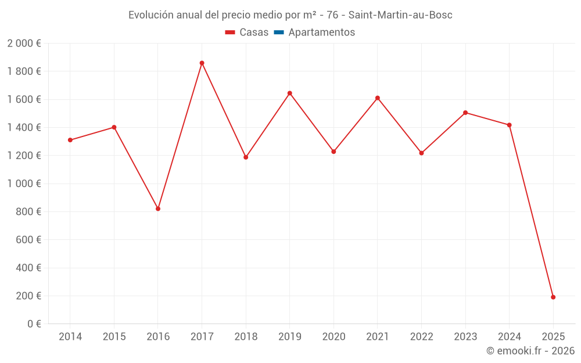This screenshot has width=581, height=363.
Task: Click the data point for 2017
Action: point(202,63)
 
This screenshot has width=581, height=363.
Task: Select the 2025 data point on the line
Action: point(553,297)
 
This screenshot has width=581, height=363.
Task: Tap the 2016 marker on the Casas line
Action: point(158,209)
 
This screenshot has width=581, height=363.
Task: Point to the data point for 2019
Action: point(289,93)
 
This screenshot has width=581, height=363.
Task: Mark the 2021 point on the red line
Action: point(377,98)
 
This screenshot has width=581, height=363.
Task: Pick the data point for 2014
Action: point(70,140)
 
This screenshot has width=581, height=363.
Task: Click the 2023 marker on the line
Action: point(465,113)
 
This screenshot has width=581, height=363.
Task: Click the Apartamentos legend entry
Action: point(321,33)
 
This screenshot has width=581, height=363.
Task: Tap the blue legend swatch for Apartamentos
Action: point(278,33)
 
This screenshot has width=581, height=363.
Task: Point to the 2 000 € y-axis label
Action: point(24,44)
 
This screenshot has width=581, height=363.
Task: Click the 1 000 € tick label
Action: point(24,184)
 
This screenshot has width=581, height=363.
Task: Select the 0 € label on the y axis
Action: point(33,324)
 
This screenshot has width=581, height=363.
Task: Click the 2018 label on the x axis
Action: point(246,337)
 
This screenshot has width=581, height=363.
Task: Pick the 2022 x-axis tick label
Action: point(421,337)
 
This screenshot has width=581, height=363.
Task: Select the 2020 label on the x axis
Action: point(333,337)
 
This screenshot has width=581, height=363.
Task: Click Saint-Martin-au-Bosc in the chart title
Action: point(400,15)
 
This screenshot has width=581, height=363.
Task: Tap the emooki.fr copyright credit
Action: point(530,351)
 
